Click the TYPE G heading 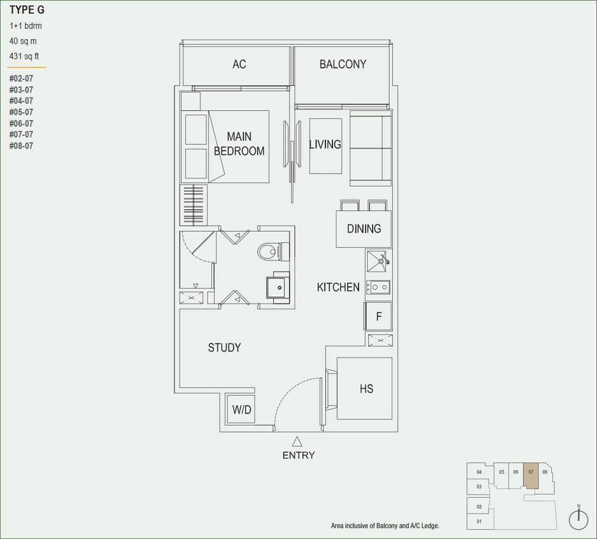(x=26, y=10)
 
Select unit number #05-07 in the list (x=21, y=112)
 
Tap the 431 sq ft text (x=24, y=56)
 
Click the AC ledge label (x=239, y=64)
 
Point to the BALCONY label (x=342, y=64)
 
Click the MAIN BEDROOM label (x=239, y=144)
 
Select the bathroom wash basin (x=278, y=287)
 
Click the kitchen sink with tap (x=378, y=261)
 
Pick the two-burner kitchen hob (x=378, y=287)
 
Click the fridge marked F (x=378, y=316)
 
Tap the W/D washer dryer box (x=241, y=409)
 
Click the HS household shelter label (x=366, y=389)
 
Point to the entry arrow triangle (x=297, y=442)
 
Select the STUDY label (x=224, y=347)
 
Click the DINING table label (x=364, y=229)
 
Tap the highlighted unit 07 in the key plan (x=531, y=475)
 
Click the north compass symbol (x=578, y=518)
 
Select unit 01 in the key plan (x=479, y=522)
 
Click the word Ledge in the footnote (x=430, y=526)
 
